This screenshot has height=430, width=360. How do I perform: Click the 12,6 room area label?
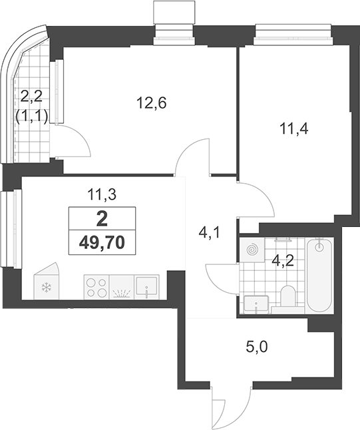point(152,103)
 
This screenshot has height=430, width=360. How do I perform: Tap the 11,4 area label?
point(294,128)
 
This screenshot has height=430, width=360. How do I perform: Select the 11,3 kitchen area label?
point(102,195)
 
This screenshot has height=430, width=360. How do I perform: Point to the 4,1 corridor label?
point(210,234)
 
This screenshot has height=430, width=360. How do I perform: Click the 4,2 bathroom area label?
point(283,261)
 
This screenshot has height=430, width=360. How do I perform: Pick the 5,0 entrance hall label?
point(257,347)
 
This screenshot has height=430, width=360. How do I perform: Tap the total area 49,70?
point(102,242)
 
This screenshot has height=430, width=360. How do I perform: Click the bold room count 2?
point(102,220)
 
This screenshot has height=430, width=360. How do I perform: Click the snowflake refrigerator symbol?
point(47,288)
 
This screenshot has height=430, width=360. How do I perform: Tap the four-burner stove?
point(96,287)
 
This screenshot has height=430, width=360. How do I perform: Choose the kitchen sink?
point(146,287)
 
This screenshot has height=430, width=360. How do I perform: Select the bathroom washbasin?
point(256,304)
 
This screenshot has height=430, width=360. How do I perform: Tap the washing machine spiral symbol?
point(252,250)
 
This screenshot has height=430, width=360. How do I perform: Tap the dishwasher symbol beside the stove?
point(122,287)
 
